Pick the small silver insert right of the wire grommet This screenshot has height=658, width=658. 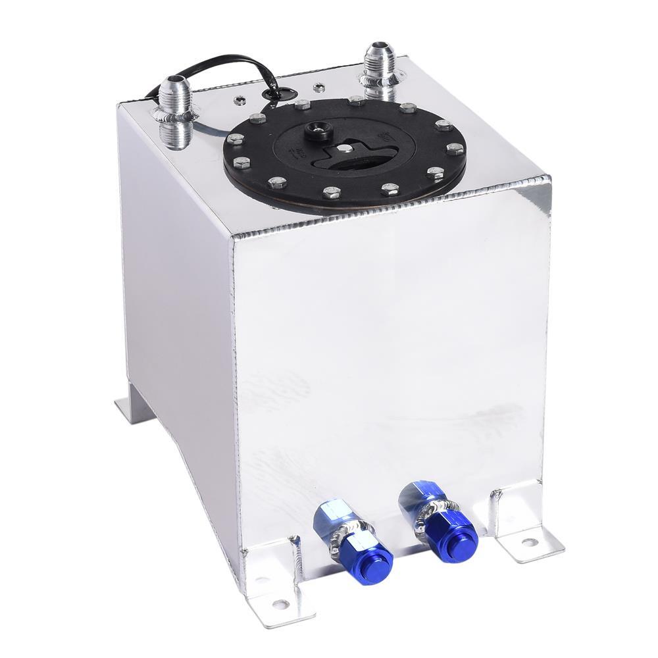click(x=318, y=86)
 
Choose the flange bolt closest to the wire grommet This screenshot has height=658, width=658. click(x=302, y=105)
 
